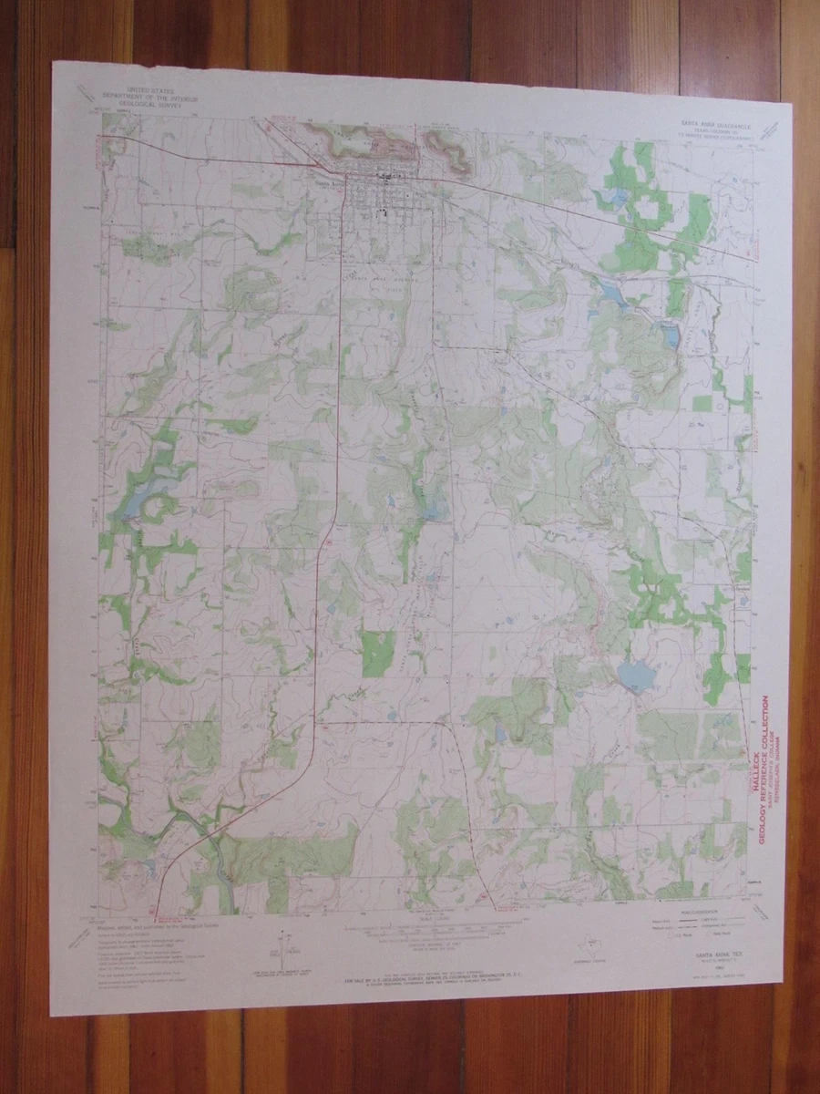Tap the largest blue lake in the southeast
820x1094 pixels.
[636, 676]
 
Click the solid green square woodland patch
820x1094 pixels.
[378, 654]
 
